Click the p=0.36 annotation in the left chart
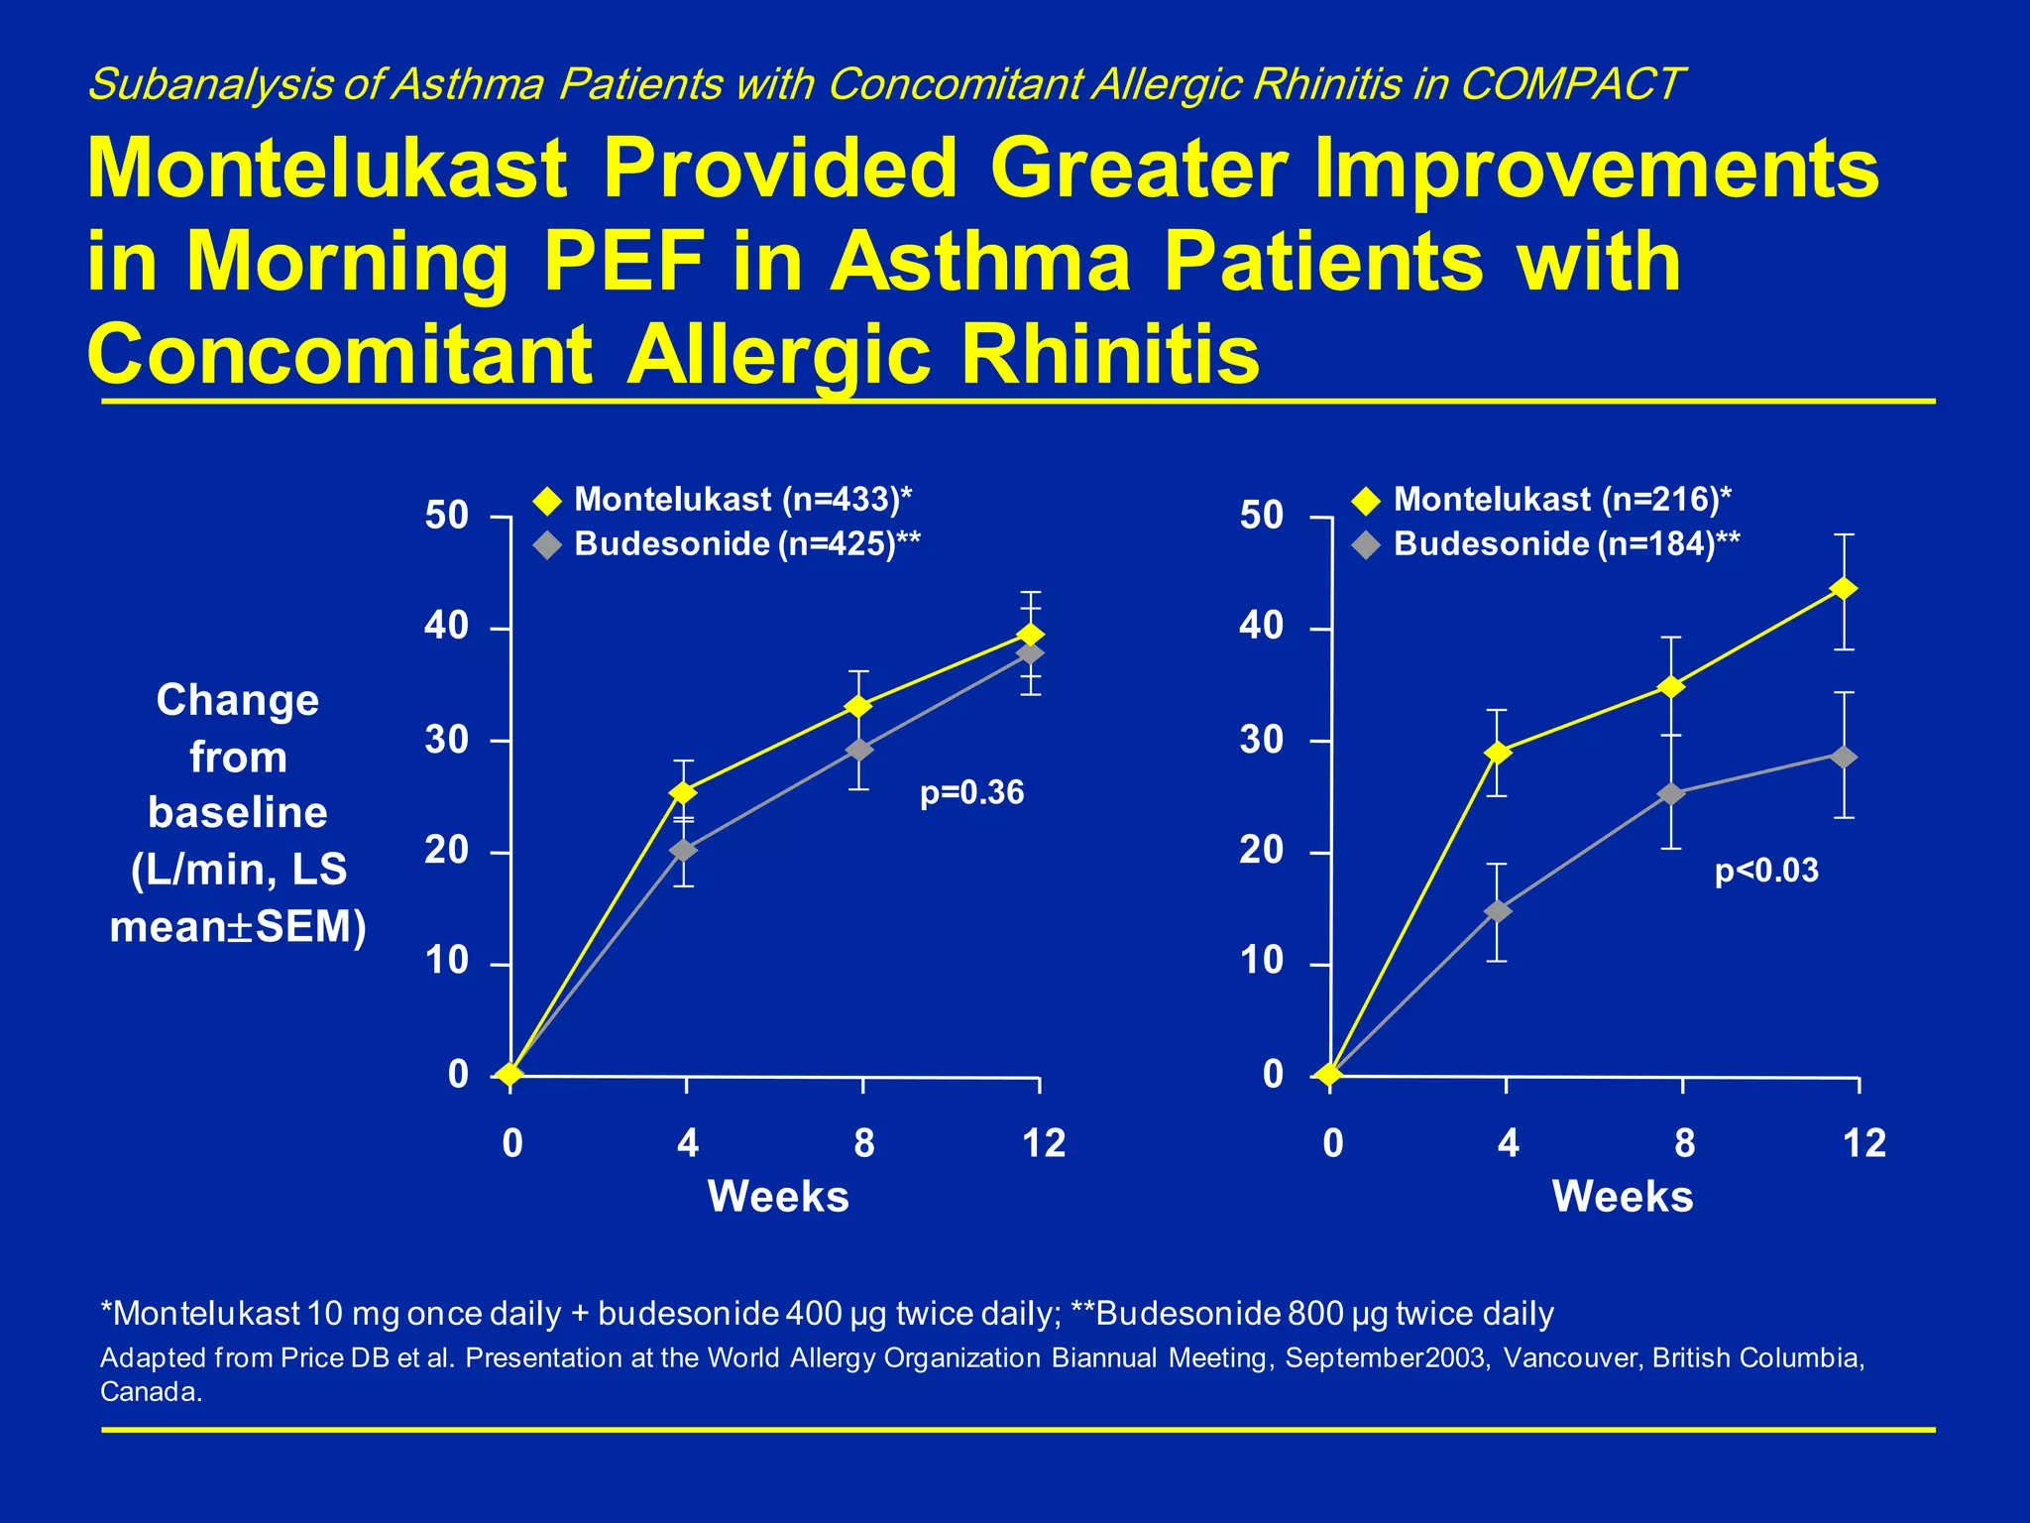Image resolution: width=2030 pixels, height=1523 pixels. [x=971, y=793]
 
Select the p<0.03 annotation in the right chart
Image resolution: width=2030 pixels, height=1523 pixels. [x=1766, y=871]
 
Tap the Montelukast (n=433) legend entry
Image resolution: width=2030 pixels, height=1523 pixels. [x=742, y=499]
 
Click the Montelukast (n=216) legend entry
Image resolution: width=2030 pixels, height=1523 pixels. [x=1562, y=499]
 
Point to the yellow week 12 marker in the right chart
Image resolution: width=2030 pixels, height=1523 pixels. [x=1844, y=589]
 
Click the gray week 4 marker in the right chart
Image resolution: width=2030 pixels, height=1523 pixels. [x=1499, y=911]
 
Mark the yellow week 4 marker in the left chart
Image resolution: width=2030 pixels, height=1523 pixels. [x=684, y=793]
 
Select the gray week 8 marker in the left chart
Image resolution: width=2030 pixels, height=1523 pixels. [x=859, y=750]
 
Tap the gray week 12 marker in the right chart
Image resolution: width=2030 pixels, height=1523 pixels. [x=1844, y=758]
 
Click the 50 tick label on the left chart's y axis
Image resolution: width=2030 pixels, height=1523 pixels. [x=446, y=516]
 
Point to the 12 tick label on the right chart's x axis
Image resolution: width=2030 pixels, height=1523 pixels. [x=1863, y=1143]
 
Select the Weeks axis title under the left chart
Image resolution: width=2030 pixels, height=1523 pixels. [x=778, y=1196]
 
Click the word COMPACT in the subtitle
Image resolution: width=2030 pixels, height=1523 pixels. [x=1571, y=84]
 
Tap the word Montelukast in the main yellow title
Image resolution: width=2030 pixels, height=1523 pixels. [x=327, y=169]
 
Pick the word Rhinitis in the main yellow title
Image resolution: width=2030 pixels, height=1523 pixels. [x=1110, y=354]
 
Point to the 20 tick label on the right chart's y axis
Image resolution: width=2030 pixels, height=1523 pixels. [x=1261, y=850]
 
